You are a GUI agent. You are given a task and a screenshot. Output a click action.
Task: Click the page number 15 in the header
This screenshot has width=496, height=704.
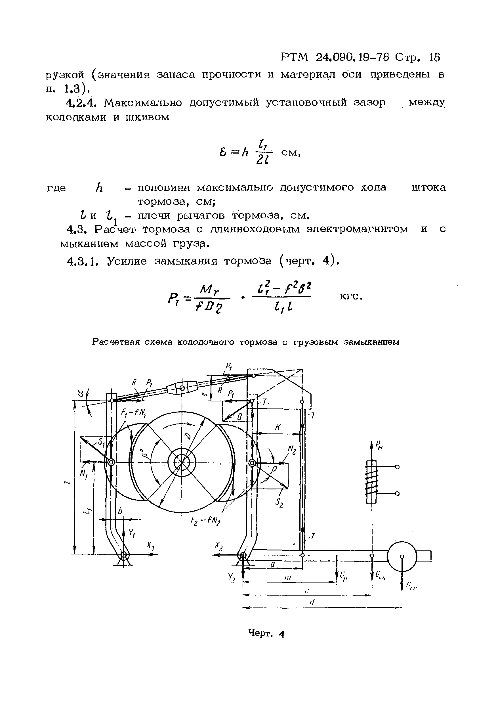pos(434,57)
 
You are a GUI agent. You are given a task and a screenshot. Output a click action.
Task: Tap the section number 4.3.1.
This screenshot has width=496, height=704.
pos(83,261)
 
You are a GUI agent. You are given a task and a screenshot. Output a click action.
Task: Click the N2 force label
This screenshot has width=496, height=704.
pos(291,450)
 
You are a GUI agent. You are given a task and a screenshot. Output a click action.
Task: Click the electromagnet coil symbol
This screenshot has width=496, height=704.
pos(371,482)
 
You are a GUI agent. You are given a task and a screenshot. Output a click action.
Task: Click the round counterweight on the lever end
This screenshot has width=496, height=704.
pos(402,556)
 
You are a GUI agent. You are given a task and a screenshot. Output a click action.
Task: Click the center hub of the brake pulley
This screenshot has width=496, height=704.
pos(182,462)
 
